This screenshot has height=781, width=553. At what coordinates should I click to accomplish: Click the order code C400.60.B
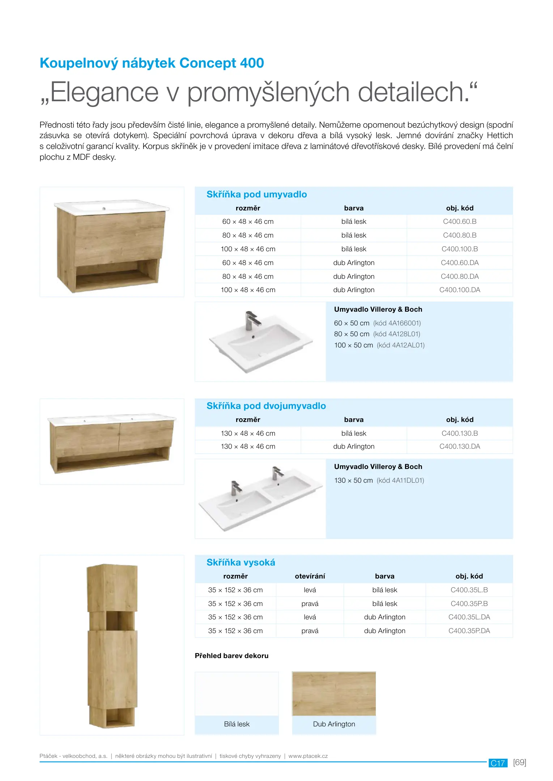point(459,221)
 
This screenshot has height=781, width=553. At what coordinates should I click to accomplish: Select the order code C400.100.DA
point(459,290)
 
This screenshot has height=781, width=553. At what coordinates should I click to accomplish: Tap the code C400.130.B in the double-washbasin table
point(459,433)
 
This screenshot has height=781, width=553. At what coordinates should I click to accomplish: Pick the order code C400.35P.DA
point(469,631)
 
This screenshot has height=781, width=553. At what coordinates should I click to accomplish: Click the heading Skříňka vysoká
point(241,562)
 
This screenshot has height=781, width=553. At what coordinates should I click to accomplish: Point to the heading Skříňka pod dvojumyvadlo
point(266,406)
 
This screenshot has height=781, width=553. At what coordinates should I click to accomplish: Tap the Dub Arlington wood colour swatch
point(334,693)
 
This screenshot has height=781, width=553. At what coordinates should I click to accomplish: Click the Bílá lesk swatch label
point(237,724)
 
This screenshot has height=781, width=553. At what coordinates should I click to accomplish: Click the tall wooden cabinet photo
point(112,645)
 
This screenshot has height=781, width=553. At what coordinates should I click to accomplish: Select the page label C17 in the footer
point(498,763)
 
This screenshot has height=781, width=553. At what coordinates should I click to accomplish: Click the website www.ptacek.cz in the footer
point(308,756)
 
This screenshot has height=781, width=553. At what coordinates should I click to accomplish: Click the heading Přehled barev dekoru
point(231,656)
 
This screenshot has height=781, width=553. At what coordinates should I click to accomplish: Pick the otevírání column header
point(310,576)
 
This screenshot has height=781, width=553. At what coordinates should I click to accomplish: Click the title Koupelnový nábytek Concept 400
point(152,63)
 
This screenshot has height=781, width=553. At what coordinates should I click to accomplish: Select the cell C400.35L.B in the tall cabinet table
point(469,590)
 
